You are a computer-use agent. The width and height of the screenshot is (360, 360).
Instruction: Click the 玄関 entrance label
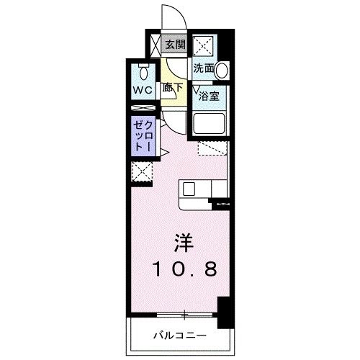coord(174,45)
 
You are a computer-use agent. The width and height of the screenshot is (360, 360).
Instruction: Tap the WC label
coord(140,90)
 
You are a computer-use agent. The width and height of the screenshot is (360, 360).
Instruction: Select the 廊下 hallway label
coord(172,89)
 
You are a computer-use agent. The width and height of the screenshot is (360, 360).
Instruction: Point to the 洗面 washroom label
coord(203,69)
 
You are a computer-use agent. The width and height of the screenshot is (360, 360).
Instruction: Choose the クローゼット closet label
coord(140,135)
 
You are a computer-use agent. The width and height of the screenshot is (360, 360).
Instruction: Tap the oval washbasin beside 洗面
coord(222,71)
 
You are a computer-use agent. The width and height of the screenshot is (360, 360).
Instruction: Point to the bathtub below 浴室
coord(209,124)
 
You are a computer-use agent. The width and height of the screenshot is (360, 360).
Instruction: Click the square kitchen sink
coord(189,189)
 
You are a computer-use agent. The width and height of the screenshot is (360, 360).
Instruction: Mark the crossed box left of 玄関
coord(156,45)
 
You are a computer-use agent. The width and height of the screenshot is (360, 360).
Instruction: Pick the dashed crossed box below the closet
coord(142,172)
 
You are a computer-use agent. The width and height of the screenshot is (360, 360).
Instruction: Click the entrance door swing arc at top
coord(172,16)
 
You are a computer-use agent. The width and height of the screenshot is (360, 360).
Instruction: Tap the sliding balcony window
coord(185,315)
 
